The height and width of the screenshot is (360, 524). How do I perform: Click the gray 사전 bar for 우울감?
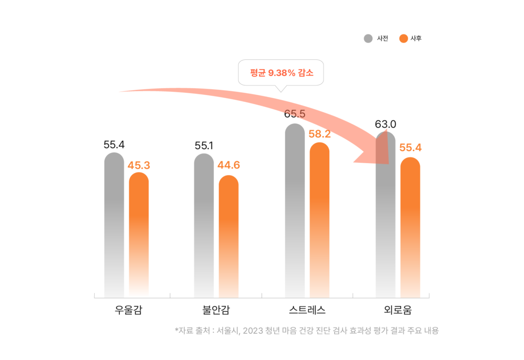[x=114, y=225]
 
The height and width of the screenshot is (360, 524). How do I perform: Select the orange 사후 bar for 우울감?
[x=139, y=233]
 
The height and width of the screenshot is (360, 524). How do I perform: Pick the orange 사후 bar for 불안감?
[x=228, y=235]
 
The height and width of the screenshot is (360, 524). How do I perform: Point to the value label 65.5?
[x=295, y=114]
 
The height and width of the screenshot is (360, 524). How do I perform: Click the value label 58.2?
[x=320, y=134]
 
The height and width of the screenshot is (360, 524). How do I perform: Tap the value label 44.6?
[x=229, y=165]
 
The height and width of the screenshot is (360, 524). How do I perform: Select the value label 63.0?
[x=386, y=124]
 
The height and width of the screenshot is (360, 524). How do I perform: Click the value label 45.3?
[x=139, y=165]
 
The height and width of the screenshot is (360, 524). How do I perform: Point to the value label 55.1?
[x=204, y=145]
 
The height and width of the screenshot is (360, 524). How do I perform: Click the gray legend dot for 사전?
[x=368, y=39]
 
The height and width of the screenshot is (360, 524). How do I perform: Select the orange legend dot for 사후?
[x=403, y=39]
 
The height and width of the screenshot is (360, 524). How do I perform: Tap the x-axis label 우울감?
[x=128, y=310]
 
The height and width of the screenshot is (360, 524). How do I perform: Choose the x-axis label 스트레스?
[x=307, y=310]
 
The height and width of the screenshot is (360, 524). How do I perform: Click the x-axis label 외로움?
[x=398, y=310]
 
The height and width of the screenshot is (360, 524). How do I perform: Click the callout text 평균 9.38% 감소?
[x=281, y=73]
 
